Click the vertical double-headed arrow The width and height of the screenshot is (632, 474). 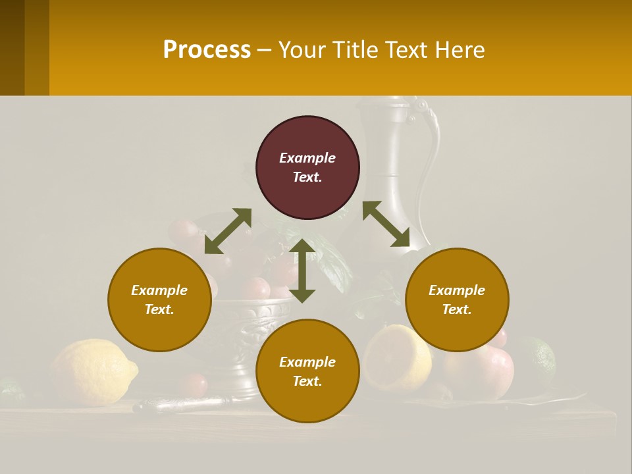click(x=302, y=271)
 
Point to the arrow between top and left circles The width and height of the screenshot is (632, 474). click(x=228, y=230)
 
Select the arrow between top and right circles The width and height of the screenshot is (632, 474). click(x=386, y=224)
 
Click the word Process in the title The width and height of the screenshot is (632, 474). click(x=207, y=49)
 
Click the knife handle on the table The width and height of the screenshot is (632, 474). click(x=178, y=404)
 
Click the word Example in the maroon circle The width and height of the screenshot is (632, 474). click(x=307, y=158)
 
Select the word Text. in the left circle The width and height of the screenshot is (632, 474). click(x=159, y=309)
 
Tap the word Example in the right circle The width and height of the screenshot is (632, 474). click(x=457, y=290)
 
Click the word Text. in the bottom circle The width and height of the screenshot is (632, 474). click(x=307, y=381)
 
